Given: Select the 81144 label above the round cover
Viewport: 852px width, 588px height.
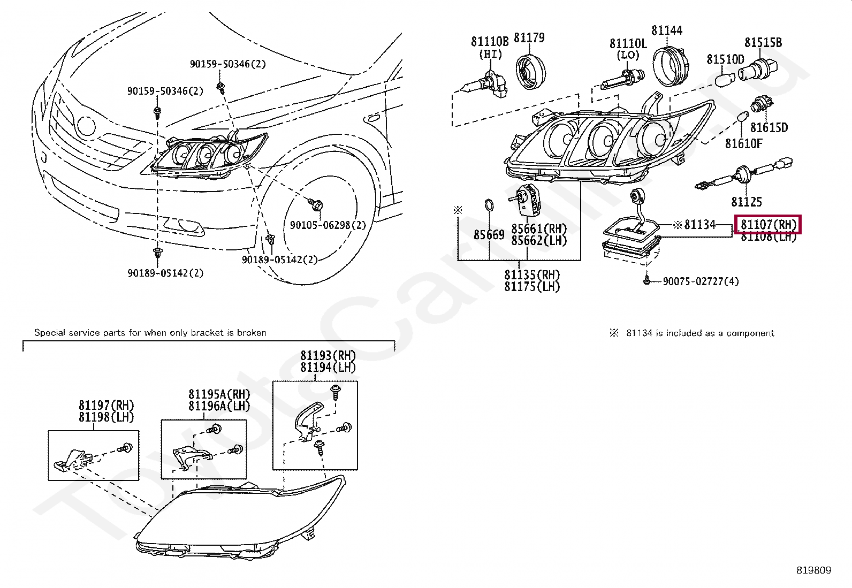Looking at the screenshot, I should tap(666, 30).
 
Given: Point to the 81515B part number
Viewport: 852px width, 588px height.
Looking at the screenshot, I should tap(763, 42).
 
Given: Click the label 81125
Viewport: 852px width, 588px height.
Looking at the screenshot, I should tap(746, 202).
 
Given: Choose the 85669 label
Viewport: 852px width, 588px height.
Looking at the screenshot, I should tap(489, 234).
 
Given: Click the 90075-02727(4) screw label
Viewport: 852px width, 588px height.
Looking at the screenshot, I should tap(700, 281).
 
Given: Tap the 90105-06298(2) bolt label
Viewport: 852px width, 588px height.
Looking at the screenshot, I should tap(328, 225).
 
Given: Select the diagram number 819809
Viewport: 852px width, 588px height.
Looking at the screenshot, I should tap(813, 570).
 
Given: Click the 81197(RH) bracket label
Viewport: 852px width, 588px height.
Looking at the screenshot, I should tap(106, 405).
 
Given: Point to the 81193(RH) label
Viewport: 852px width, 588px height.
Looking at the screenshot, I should tap(328, 355).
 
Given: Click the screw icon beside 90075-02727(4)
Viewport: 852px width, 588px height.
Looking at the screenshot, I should tap(647, 279).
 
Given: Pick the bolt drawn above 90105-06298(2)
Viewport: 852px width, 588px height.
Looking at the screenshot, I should tap(315, 203).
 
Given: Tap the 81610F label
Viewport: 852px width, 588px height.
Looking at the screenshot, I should tap(743, 143).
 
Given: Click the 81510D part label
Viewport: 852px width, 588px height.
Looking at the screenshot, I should tap(725, 59).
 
